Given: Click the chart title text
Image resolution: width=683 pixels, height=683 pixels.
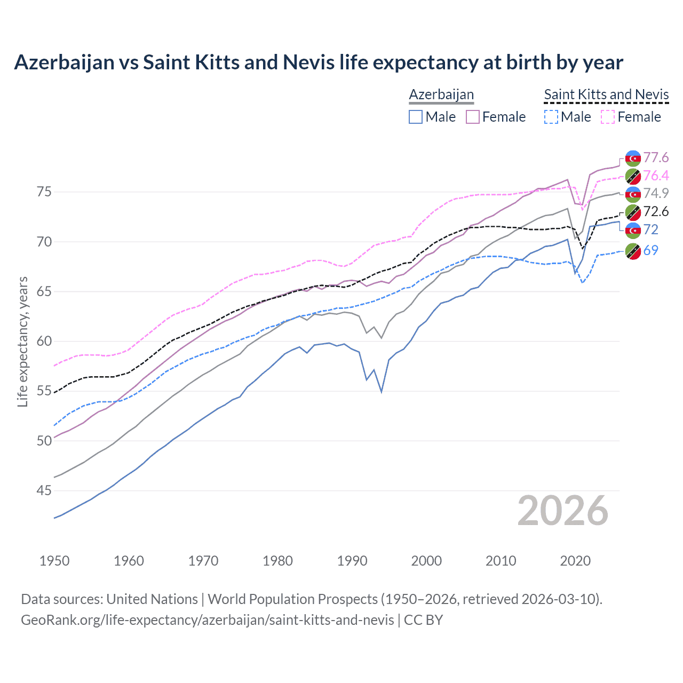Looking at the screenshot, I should pos(319,62).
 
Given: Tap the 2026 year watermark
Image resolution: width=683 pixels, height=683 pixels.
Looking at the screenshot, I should pos(562,511).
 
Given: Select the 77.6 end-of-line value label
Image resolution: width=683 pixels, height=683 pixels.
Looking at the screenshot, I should pos(656,157).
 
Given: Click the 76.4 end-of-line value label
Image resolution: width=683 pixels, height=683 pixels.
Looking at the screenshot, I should pos(656,176).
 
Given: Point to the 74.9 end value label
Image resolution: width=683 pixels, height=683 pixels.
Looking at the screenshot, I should pos(656,193).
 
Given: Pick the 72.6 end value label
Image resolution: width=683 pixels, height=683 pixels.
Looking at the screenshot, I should pos(656,211).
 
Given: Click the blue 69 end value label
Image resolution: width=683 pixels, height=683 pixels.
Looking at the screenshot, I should pos(650,250).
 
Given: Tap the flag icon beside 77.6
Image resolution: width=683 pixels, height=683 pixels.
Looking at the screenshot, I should pos(633,158).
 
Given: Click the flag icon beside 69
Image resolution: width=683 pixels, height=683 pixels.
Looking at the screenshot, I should pos(633,251).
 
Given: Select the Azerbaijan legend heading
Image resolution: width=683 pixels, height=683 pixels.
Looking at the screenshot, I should pos(441,95).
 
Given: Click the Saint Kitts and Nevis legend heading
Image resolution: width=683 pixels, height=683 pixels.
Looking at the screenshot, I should pos(606,95).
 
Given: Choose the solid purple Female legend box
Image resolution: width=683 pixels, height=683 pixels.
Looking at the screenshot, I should pos(473,117).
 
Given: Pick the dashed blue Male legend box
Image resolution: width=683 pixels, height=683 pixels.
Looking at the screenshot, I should pos(551,117).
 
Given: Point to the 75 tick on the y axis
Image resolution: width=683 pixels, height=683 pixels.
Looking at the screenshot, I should pos(44,192).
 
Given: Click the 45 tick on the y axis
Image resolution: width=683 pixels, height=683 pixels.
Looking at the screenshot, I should pos(44,490).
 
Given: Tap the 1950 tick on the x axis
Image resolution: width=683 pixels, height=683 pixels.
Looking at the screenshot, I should pos(54,561).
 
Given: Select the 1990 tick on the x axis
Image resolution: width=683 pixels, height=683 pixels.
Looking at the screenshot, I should pos(352,561).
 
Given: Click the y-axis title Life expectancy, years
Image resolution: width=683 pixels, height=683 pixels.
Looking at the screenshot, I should pos(23,341).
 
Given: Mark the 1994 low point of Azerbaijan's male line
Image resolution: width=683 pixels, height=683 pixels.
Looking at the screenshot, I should pos(382,392).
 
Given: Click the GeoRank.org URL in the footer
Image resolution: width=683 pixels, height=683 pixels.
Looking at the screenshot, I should pos(207,620).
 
